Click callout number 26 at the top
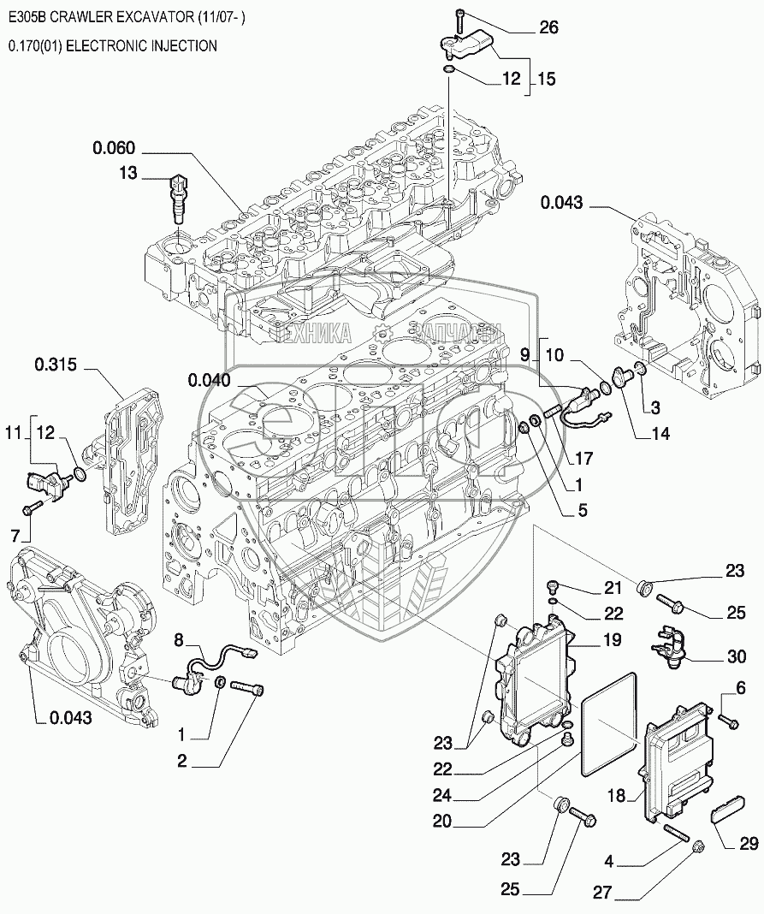pos(548,28)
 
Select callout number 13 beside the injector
pos(127,174)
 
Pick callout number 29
pos(749,845)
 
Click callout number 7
pos(15,536)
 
